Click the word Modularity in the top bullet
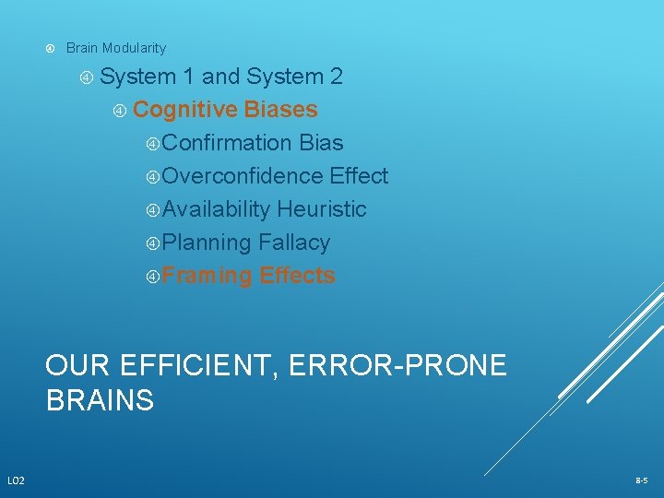(135, 48)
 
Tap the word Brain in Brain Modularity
(82, 48)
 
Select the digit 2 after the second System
(337, 77)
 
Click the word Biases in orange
(281, 110)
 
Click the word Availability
(217, 209)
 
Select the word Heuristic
(322, 209)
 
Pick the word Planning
(207, 243)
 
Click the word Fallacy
(294, 243)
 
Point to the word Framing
(207, 276)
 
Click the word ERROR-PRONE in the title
(397, 366)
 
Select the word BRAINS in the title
(100, 401)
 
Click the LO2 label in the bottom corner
(17, 480)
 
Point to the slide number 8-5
(641, 480)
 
